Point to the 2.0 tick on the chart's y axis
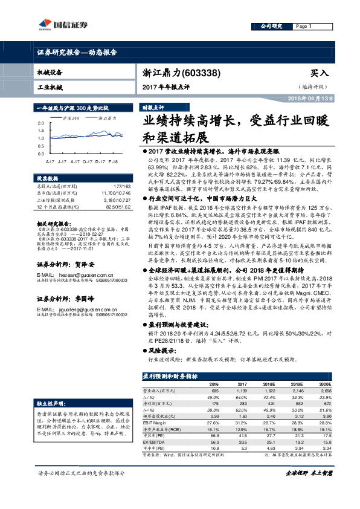coord(40,122)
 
